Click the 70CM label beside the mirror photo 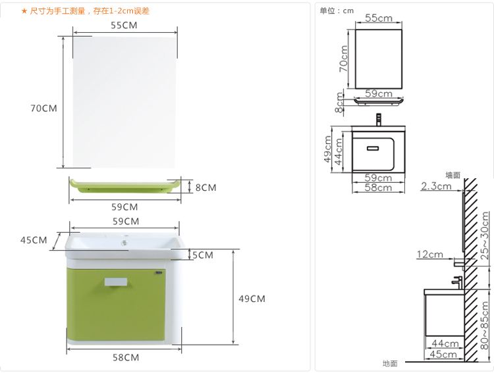(43, 109)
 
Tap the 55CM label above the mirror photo (124, 25)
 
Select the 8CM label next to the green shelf (206, 187)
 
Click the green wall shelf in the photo (125, 186)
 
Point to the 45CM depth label (34, 240)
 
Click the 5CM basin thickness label (203, 255)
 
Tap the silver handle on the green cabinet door (116, 282)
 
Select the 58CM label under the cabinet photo (126, 358)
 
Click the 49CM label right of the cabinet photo (252, 299)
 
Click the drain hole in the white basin (124, 242)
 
